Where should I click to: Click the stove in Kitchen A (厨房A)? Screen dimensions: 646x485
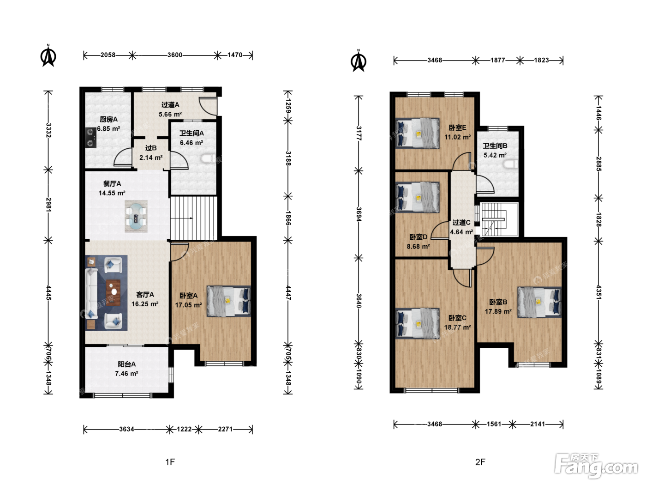(x=91, y=138)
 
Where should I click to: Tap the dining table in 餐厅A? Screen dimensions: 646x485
(x=136, y=217)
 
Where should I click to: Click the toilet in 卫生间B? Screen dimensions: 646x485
(x=511, y=164)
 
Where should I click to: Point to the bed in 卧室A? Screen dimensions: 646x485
(x=229, y=301)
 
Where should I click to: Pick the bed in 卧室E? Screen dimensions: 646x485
(x=417, y=133)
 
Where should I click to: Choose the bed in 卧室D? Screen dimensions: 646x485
(x=417, y=197)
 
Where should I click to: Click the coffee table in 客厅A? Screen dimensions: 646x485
(x=114, y=292)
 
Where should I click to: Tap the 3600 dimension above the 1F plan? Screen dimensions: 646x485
(x=175, y=55)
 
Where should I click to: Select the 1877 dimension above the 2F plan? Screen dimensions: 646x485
(x=498, y=61)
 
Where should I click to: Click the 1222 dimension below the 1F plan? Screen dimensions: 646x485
(x=184, y=430)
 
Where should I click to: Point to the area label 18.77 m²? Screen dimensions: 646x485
(x=457, y=327)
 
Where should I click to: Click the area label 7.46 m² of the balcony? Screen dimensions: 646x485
(x=126, y=374)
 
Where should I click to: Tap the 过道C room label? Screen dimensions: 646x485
(x=461, y=223)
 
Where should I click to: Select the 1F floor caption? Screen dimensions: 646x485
(x=170, y=462)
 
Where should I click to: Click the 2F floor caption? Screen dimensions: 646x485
(x=480, y=462)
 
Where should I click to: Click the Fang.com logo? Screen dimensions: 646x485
(x=596, y=466)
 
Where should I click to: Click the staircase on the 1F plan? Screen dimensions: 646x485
(x=194, y=218)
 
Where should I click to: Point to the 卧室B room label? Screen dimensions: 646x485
(x=498, y=302)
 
